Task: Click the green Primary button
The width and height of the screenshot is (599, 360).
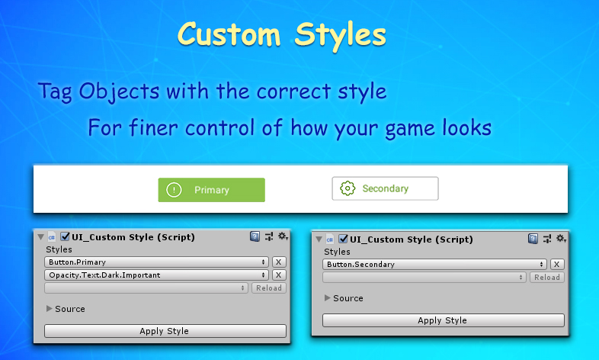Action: tap(211, 190)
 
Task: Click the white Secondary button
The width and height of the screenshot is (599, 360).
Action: tap(385, 188)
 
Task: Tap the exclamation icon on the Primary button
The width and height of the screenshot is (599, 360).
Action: tap(174, 190)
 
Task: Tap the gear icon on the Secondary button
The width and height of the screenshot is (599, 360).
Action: tap(348, 188)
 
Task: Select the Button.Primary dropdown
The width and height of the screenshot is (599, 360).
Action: tap(157, 262)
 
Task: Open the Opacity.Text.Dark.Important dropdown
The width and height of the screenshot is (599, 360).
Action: tap(157, 275)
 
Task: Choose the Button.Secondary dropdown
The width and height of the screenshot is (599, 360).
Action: tap(434, 265)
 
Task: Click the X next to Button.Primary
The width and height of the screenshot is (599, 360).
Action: tap(279, 262)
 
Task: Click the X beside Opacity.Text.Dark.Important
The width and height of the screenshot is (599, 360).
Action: tap(279, 275)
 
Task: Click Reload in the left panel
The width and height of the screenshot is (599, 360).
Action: tap(269, 288)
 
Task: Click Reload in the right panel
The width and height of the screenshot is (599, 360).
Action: tap(547, 278)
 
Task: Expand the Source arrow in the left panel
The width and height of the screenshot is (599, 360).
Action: tap(50, 308)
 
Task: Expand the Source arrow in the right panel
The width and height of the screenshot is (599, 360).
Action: tap(328, 297)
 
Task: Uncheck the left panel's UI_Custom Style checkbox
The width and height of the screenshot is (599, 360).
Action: tap(66, 236)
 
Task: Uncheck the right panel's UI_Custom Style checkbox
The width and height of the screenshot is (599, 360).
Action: tap(344, 239)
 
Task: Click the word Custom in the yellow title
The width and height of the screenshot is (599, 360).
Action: tap(229, 34)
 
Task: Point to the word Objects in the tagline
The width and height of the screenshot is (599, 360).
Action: tap(119, 92)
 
